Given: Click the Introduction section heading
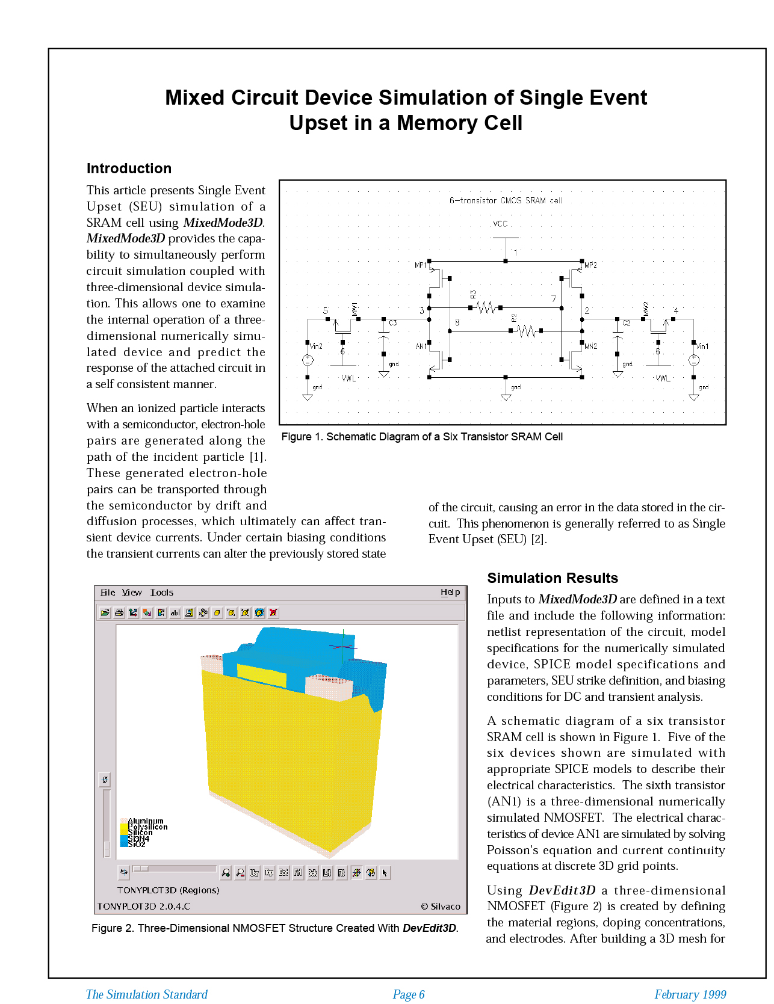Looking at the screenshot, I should coord(129,168).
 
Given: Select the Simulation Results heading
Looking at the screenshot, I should coord(552,578).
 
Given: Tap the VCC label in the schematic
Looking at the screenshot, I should coord(500,224).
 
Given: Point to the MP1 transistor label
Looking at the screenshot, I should coord(420,265).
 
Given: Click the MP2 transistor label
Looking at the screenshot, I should coord(590,265).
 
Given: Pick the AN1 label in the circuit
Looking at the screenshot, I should coord(421,346).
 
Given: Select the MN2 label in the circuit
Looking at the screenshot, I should coord(591,346).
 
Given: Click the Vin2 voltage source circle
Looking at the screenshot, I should coord(308,360).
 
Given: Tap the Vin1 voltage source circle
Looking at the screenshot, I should coord(694,360).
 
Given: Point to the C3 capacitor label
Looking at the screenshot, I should coord(392,323).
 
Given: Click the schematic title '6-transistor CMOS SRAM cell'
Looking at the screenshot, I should coord(506,200).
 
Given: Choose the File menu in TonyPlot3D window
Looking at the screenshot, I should coord(108,593).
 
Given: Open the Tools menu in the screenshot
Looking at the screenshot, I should coord(161,593).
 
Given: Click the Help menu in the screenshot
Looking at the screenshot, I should coord(450,593).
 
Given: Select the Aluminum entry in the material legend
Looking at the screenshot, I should coord(145,821).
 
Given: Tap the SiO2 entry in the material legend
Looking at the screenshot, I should coord(137,844).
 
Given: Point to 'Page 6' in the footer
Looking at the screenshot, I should coord(409,994).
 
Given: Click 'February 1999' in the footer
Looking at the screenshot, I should coord(690,994).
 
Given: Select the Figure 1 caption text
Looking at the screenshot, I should coord(422,437).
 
